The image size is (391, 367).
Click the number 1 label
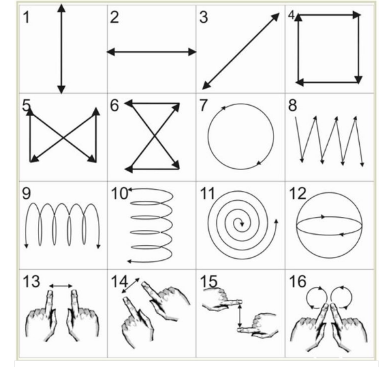click(x=26, y=18)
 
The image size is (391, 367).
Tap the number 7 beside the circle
click(x=203, y=105)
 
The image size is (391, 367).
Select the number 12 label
click(x=298, y=193)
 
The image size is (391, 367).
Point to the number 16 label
click(x=298, y=282)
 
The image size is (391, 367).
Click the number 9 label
click(x=26, y=193)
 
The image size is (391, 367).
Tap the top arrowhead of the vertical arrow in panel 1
click(x=61, y=8)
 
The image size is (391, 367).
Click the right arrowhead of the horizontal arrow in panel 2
click(x=193, y=52)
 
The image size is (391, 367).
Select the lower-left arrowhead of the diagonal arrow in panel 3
click(x=206, y=85)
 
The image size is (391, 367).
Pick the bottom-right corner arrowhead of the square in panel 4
click(x=358, y=80)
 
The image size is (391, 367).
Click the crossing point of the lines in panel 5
click(x=63, y=137)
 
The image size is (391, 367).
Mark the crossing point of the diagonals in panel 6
click(x=155, y=136)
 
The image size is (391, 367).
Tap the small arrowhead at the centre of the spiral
click(x=242, y=224)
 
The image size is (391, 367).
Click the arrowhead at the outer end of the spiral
click(x=276, y=222)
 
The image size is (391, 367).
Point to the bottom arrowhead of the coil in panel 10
click(x=129, y=261)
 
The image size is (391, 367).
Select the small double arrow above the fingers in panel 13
click(x=61, y=286)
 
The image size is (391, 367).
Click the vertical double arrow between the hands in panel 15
click(x=240, y=316)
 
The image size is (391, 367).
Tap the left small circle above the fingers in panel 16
click(x=316, y=297)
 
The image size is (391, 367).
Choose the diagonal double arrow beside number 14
click(x=131, y=286)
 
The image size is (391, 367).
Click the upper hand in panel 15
click(x=221, y=299)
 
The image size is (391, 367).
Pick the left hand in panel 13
click(x=42, y=316)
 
